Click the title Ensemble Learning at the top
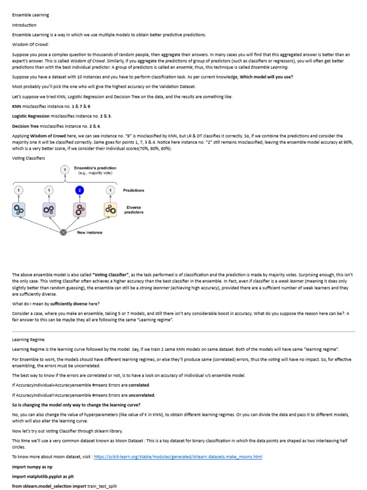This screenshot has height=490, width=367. pyautogui.click(x=31, y=15)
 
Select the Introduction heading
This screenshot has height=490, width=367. pyautogui.click(x=24, y=25)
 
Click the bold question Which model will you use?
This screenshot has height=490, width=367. pyautogui.click(x=266, y=77)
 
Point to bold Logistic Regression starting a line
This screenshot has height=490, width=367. pyautogui.click(x=31, y=116)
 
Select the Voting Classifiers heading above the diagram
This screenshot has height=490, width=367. pyautogui.click(x=29, y=158)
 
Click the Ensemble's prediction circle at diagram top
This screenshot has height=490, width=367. pyautogui.click(x=65, y=170)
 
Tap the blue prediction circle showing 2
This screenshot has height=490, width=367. pyautogui.click(x=80, y=190)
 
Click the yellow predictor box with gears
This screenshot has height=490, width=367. pyautogui.click(x=110, y=209)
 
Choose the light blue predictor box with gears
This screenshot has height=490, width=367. pyautogui.click(x=19, y=209)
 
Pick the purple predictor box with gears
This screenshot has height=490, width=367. pyautogui.click(x=49, y=209)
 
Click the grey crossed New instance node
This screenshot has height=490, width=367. pyautogui.click(x=63, y=233)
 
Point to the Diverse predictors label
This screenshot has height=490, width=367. pyautogui.click(x=134, y=210)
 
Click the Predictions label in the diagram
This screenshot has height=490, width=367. pyautogui.click(x=133, y=190)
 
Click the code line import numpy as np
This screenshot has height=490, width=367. pyautogui.click(x=32, y=467)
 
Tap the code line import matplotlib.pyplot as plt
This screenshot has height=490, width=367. pyautogui.click(x=43, y=477)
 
